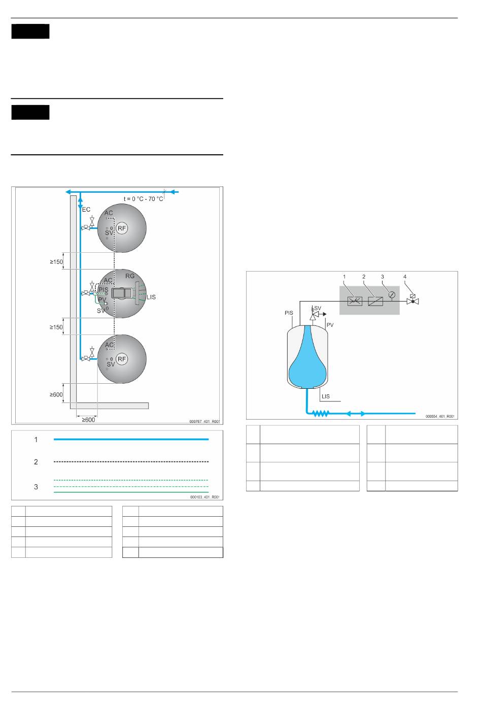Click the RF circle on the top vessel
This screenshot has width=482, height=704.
click(x=122, y=228)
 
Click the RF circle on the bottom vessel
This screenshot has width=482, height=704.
click(x=122, y=359)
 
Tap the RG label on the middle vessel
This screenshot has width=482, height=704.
click(x=130, y=276)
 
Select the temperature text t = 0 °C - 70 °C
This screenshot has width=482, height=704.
click(x=143, y=198)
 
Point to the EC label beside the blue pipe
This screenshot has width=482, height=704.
click(x=86, y=209)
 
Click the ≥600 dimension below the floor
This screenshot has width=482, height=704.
click(x=88, y=420)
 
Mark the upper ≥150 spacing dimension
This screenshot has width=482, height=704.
click(x=56, y=262)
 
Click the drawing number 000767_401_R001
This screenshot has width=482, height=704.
click(x=204, y=421)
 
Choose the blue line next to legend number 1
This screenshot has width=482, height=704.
click(x=131, y=439)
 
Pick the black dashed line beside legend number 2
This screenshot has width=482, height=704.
click(x=131, y=462)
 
